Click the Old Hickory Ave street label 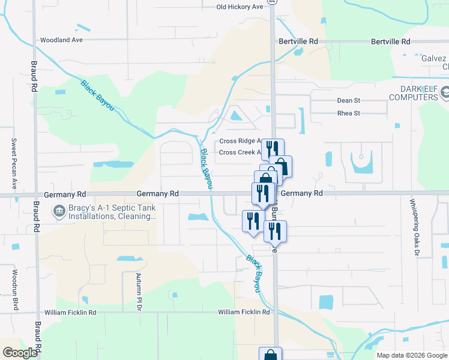click(240, 7)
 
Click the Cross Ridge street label click(239, 141)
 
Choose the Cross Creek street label click(239, 152)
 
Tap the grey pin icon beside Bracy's click(59, 211)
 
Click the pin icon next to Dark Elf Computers click(444, 93)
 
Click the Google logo click(20, 353)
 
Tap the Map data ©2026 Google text click(412, 355)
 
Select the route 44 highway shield click(273, 2)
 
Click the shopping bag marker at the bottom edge click(270, 354)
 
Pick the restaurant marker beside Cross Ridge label click(273, 148)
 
